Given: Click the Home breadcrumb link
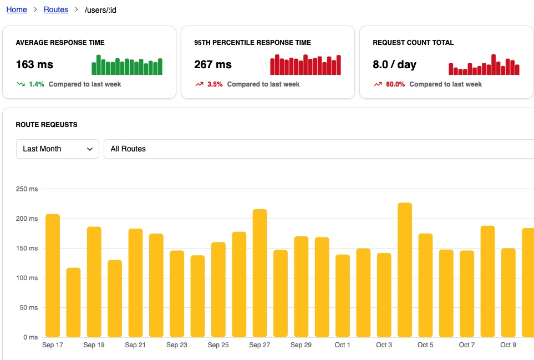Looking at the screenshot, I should [x=17, y=9].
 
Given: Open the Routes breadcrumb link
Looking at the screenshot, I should [x=56, y=9].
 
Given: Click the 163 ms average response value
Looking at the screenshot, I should [x=34, y=64].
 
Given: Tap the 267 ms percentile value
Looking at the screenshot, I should [x=213, y=64].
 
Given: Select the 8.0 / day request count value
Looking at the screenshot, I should [x=394, y=64].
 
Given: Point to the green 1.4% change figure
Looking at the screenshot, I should [x=36, y=84].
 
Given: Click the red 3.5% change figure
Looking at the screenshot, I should [x=215, y=84].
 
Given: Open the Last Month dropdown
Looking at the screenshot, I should [x=58, y=149].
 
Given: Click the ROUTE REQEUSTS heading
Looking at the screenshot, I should [x=47, y=125].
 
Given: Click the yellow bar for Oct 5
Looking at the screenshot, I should [x=425, y=285].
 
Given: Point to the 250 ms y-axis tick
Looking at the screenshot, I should [x=27, y=189].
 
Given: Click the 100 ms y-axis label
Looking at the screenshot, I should [x=27, y=278].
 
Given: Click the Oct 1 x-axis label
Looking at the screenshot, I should [x=343, y=345].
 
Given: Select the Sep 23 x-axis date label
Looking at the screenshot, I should [x=177, y=345].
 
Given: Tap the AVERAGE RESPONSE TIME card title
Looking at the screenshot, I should [x=60, y=43].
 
